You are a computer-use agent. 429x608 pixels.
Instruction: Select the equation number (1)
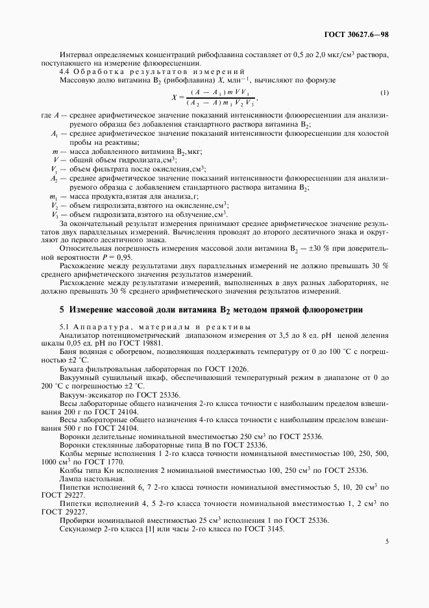pos(384,93)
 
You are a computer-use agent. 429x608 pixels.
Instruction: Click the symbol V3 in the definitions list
pos(55,214)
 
